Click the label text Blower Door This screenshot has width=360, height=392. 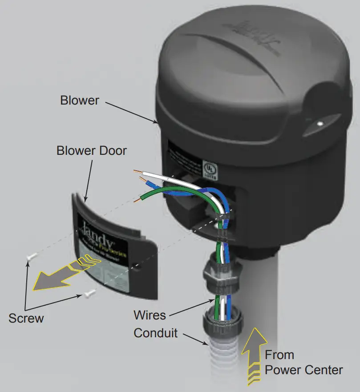(91, 151)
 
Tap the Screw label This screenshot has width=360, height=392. (26, 318)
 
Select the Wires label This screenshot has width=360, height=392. (150, 315)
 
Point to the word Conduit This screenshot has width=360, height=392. (156, 333)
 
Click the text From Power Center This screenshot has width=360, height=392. (304, 363)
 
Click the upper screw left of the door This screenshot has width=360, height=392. (31, 256)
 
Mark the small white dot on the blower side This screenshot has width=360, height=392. (320, 123)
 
